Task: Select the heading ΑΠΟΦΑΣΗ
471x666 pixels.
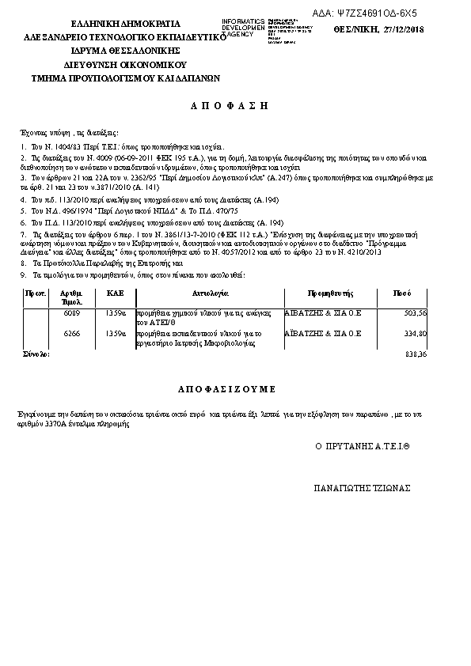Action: [230, 104]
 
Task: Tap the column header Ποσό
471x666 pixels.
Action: [402, 293]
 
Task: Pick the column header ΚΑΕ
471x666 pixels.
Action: [116, 293]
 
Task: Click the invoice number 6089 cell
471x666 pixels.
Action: [71, 313]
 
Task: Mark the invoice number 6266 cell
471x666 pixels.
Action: [71, 334]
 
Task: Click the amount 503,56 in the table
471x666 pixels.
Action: [415, 313]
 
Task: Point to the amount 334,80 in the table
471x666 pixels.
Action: [415, 334]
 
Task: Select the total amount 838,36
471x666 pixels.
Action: [416, 354]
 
